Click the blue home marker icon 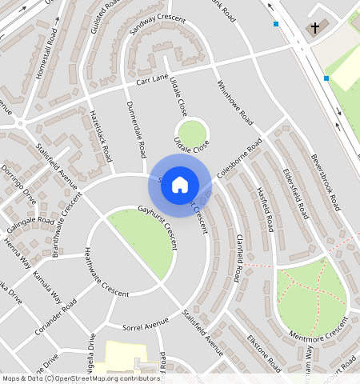(x=180, y=185)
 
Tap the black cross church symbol (x=315, y=28)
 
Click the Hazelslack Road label (x=98, y=136)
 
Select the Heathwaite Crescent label (x=106, y=272)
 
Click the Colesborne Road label (x=238, y=158)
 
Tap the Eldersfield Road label (x=295, y=194)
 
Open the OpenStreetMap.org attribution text (x=94, y=378)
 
